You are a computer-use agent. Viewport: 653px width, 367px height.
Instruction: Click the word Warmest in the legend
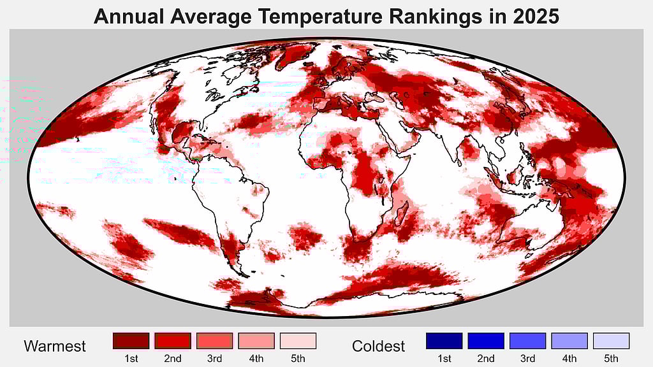pos(55,347)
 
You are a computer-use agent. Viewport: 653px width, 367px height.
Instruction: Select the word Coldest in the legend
pos(378,347)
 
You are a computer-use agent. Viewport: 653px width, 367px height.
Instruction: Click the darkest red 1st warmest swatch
pos(131,341)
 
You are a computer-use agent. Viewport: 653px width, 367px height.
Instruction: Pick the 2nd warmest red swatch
pos(172,341)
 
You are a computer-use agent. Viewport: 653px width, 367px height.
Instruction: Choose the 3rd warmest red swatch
pos(214,341)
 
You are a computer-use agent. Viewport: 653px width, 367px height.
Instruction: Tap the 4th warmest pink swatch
pos(256,341)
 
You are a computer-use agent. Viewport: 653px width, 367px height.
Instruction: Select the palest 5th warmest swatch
pos(298,341)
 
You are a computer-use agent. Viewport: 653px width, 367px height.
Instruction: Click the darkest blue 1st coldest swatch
pos(444,341)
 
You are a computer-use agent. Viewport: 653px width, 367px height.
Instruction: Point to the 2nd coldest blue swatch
pos(485,341)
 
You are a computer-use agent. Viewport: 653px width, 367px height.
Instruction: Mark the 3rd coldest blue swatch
pos(527,341)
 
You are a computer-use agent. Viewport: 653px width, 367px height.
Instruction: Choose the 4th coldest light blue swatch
pos(569,341)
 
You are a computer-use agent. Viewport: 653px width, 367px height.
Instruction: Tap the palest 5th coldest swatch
pos(611,341)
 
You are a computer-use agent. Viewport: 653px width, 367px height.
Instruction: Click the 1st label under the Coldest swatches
pos(444,359)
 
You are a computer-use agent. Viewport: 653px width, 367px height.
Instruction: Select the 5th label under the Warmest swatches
pos(298,359)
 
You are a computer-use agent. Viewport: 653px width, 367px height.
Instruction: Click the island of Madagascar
pos(401,211)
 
